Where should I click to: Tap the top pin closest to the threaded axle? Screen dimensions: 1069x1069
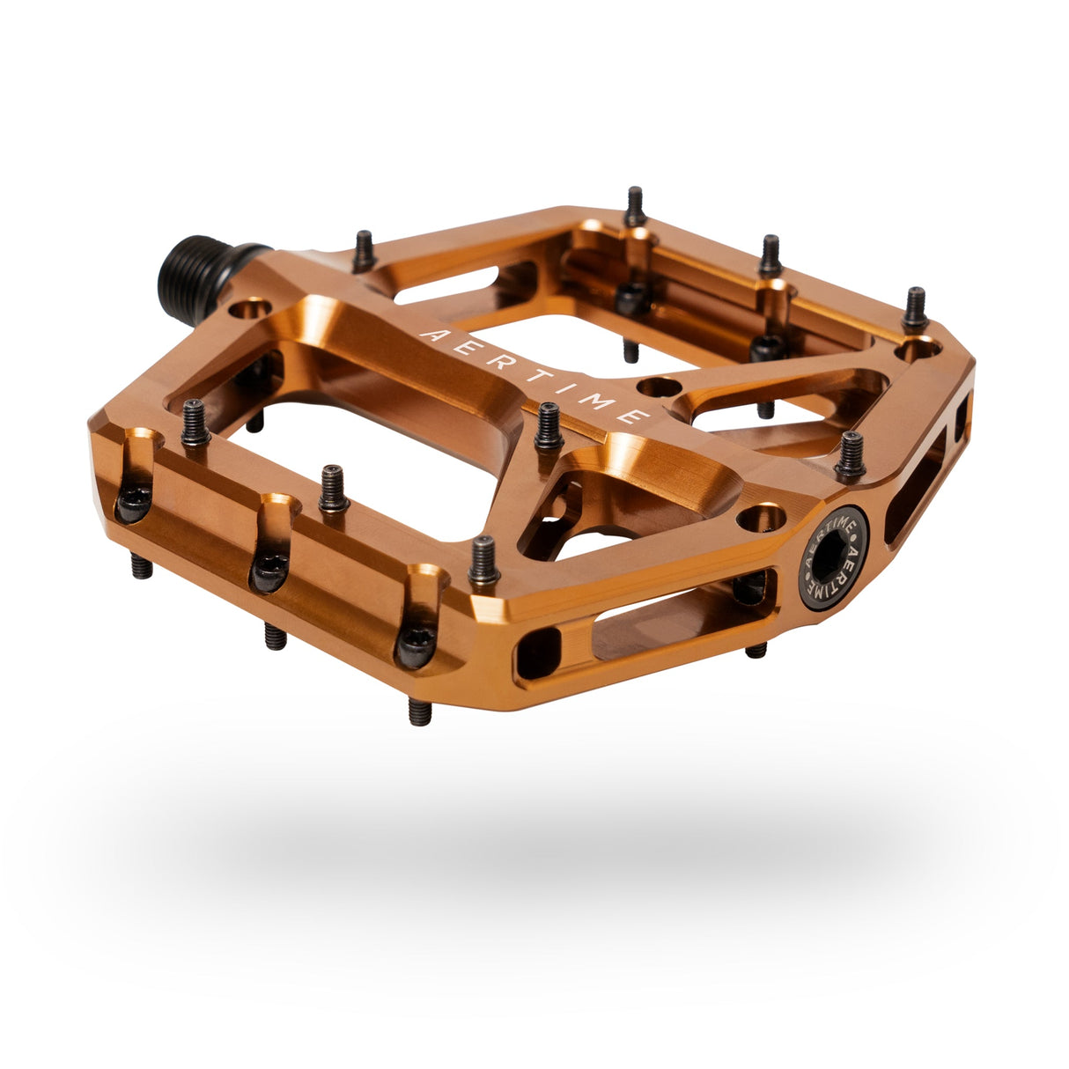point(364,253)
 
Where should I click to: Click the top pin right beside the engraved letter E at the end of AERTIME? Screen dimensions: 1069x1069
point(549,427)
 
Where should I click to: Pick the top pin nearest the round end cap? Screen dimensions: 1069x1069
point(850,454)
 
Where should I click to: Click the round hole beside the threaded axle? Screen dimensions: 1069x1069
point(248,309)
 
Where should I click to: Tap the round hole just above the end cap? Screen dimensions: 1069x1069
point(762,517)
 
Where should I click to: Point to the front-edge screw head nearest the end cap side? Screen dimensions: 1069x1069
point(415,646)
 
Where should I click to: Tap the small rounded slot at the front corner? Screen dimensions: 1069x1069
point(538,652)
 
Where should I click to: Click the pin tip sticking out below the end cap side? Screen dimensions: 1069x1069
point(756,651)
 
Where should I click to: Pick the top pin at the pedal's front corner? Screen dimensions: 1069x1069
point(483,562)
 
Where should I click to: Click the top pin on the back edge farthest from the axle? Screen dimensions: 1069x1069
point(915,309)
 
